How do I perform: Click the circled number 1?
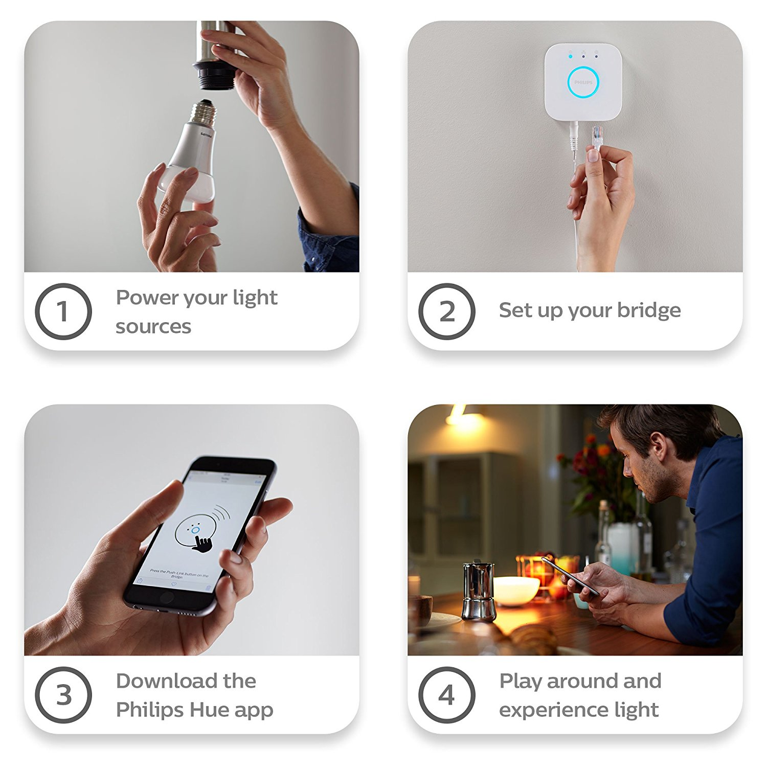point(63,311)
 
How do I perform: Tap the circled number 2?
point(446,311)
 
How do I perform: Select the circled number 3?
point(63,695)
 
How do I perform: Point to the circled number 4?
point(446,695)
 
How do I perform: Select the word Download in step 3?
point(167,681)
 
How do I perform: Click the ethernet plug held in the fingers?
point(597,137)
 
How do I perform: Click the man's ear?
point(659,445)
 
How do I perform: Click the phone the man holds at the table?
point(570,576)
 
